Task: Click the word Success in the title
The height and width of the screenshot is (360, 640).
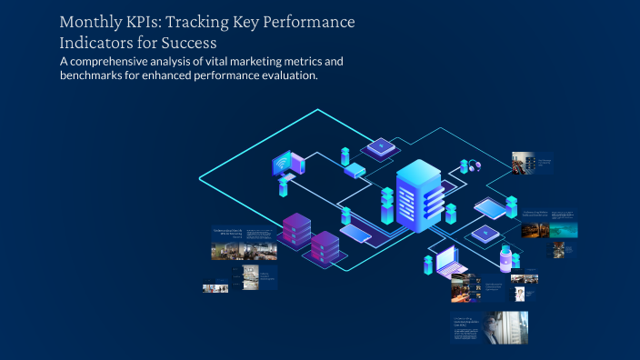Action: point(191,42)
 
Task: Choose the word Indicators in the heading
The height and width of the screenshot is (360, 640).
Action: point(96,42)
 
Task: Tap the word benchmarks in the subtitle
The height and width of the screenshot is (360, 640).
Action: point(101,76)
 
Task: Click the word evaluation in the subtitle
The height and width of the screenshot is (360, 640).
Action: point(288,76)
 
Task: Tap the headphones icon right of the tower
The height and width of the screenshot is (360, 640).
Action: point(474,165)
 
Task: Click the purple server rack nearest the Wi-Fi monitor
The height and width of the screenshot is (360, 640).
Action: point(296,229)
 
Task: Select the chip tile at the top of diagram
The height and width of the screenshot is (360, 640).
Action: point(380,145)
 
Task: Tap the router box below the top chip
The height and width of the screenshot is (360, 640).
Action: point(354,170)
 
